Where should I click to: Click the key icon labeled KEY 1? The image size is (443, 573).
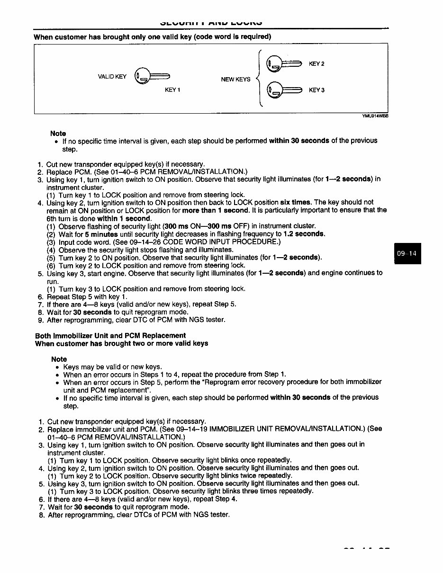click(x=152, y=76)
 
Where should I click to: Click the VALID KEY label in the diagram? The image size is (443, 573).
click(x=112, y=77)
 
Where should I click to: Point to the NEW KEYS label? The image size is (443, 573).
click(x=235, y=80)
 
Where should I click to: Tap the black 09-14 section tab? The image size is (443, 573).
click(x=407, y=253)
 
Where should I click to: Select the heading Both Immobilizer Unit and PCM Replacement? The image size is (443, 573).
click(x=110, y=336)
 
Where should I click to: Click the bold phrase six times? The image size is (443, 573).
click(x=296, y=202)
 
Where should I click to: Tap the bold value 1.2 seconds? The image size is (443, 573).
click(x=304, y=234)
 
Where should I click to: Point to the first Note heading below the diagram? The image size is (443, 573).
click(x=58, y=134)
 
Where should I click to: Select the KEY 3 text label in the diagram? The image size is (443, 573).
click(x=316, y=90)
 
